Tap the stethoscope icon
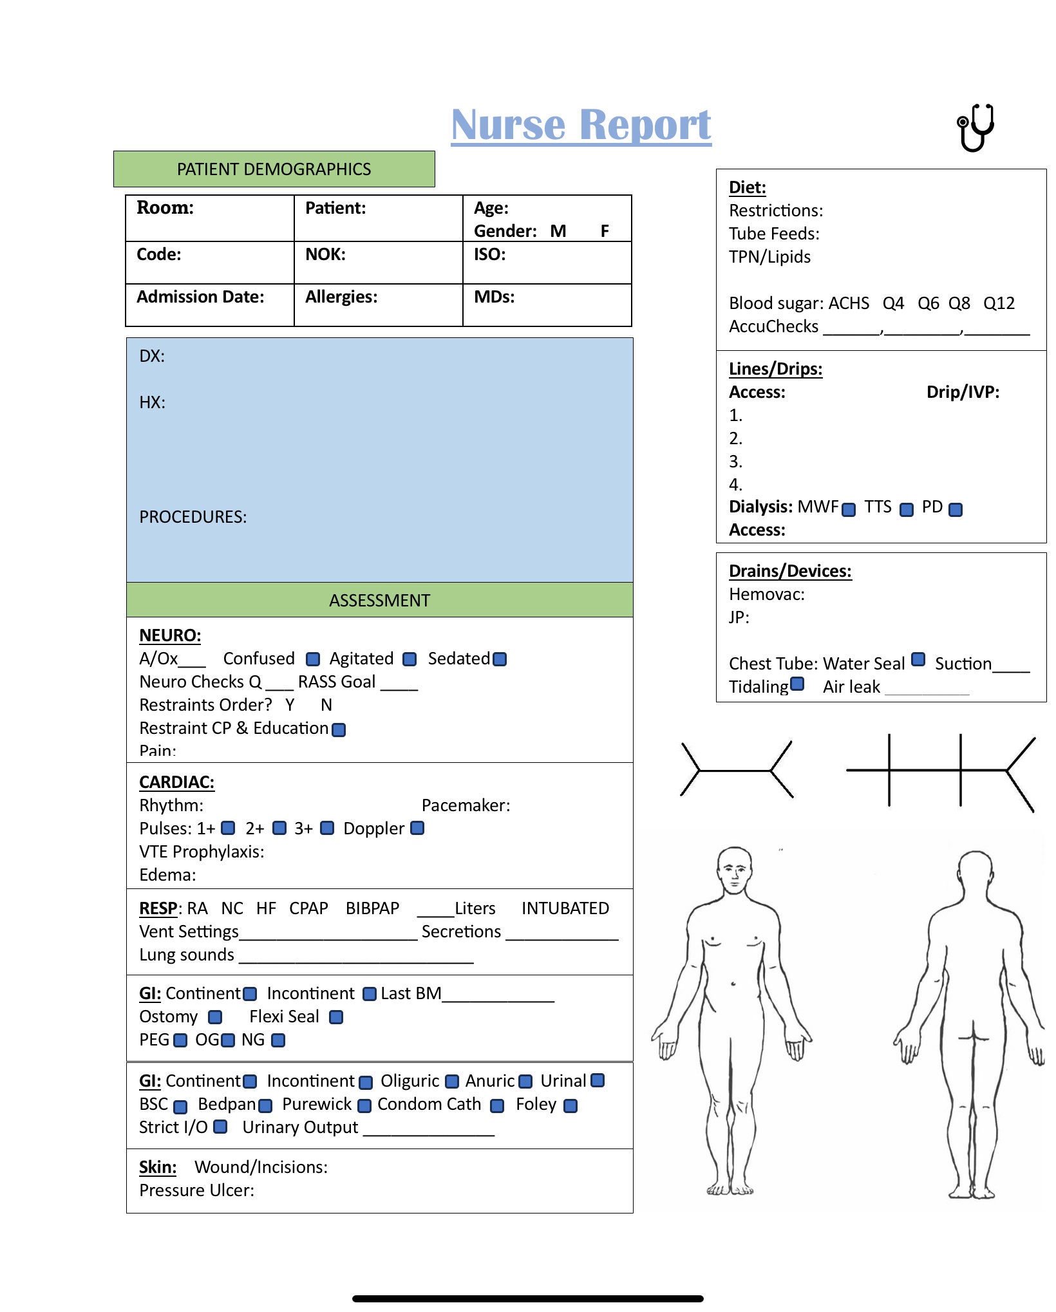pyautogui.click(x=976, y=128)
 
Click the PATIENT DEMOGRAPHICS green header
pyautogui.click(x=274, y=169)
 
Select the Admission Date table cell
pyautogui.click(x=209, y=305)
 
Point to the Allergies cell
pyautogui.click(x=378, y=305)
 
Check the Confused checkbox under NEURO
pyautogui.click(x=313, y=659)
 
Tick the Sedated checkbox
pyautogui.click(x=500, y=659)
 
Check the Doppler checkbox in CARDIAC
pyautogui.click(x=417, y=828)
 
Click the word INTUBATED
pyautogui.click(x=565, y=908)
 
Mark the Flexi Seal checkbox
pyautogui.click(x=336, y=1017)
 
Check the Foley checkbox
pyautogui.click(x=570, y=1106)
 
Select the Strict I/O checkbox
pyautogui.click(x=220, y=1127)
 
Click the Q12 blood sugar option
pyautogui.click(x=999, y=303)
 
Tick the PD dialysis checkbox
pyautogui.click(x=956, y=510)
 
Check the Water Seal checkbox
pyautogui.click(x=919, y=659)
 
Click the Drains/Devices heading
pyautogui.click(x=790, y=571)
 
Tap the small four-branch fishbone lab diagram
pyautogui.click(x=737, y=770)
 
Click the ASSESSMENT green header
pyautogui.click(x=379, y=600)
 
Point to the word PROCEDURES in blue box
pyautogui.click(x=193, y=517)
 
